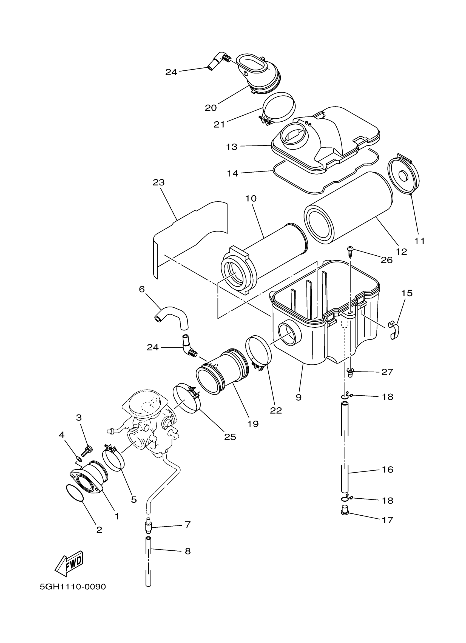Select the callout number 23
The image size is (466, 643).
tap(158, 182)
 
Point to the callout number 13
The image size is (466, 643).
tap(232, 147)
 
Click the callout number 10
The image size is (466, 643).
tap(251, 198)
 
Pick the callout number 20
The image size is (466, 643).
tap(211, 108)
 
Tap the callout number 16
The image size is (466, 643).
tap(388, 470)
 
